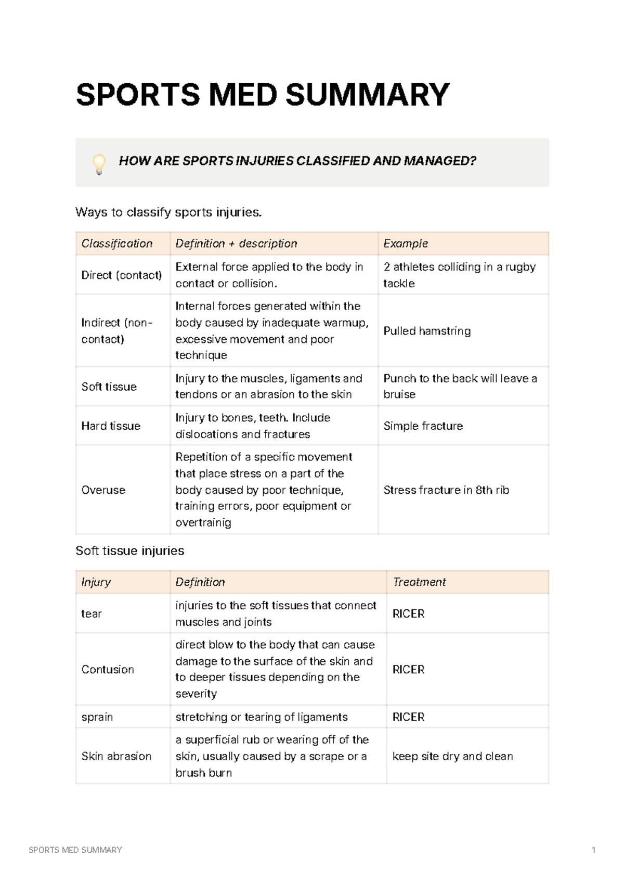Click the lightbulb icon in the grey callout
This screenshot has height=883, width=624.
coord(99,163)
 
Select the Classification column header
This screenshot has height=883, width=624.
coord(117,244)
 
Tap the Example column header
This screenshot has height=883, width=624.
coord(406,244)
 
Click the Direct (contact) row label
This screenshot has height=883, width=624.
coord(122,275)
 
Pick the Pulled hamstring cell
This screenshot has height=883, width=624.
coord(427,331)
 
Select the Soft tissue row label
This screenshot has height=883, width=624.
coord(109,387)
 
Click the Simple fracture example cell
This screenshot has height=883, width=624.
coord(423,426)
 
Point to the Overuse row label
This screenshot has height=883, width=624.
coord(103,490)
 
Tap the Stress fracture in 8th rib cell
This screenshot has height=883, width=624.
coord(446,490)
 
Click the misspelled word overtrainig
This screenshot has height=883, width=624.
coord(203,522)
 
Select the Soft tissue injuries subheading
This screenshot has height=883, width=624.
coord(130,551)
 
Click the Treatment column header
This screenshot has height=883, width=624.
coord(419,582)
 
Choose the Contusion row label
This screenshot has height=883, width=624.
coord(108,670)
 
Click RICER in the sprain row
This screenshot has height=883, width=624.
coord(408,717)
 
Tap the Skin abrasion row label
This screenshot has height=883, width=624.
coord(116,756)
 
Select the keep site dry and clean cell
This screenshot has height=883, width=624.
coord(452,756)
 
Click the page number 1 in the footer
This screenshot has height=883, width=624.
coord(593,850)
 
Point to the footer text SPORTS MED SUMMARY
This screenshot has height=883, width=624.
coord(75,850)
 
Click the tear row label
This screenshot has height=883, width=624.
coord(92,614)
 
